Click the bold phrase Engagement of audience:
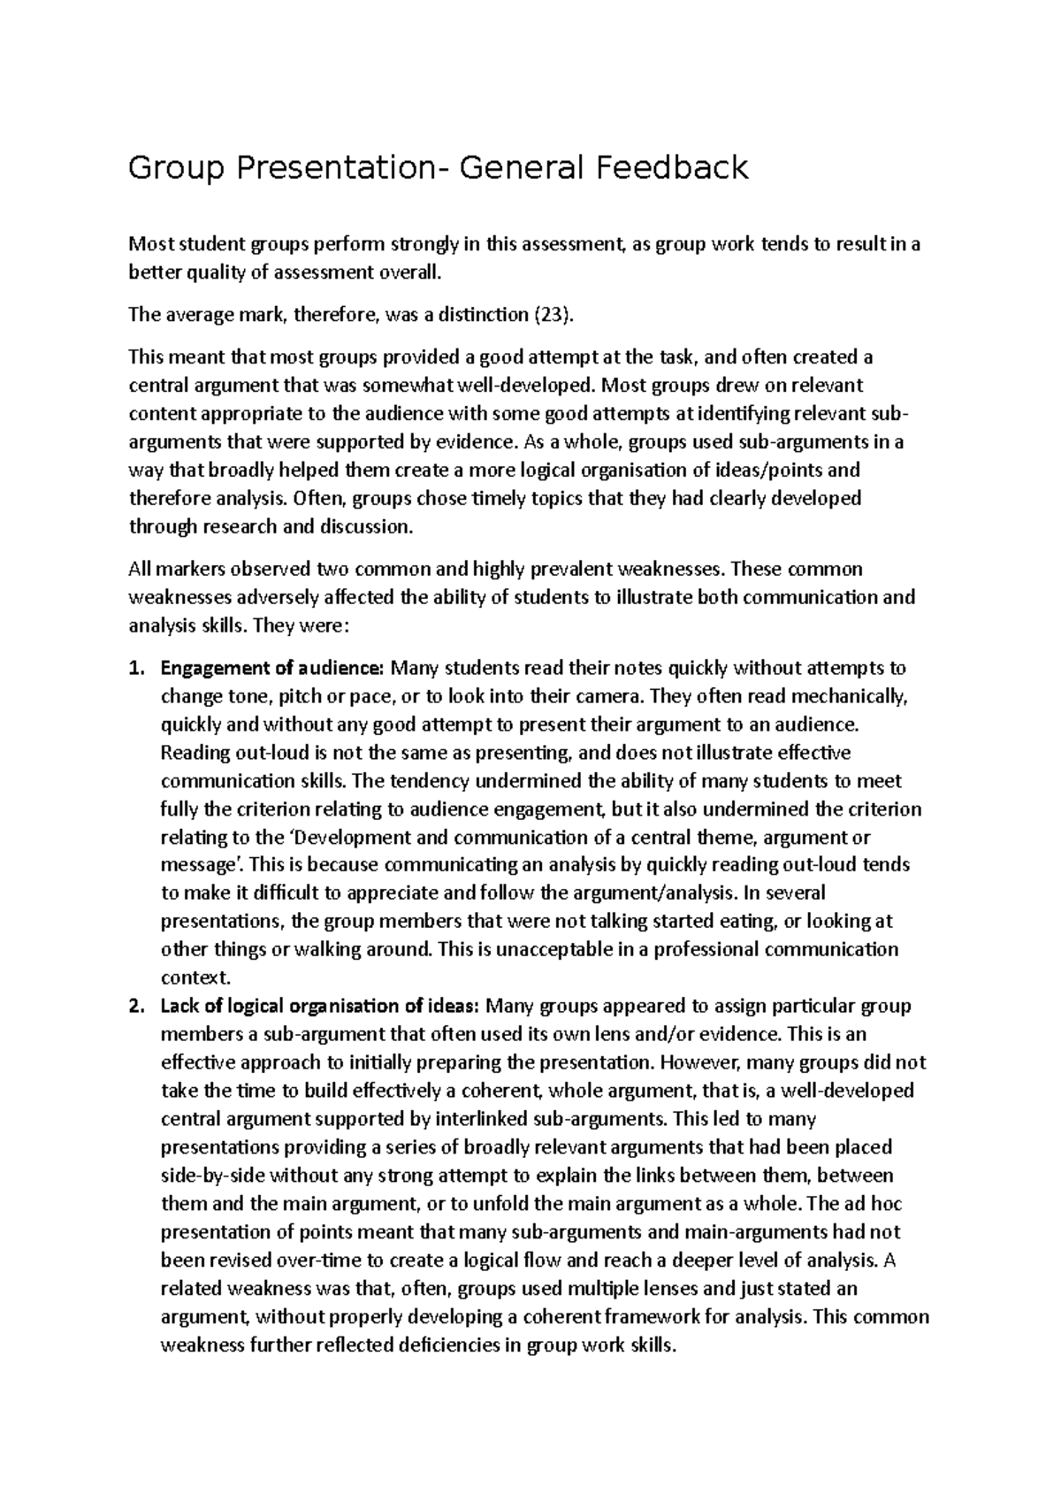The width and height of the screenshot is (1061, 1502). [272, 668]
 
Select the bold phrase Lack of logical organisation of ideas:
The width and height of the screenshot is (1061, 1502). [320, 1006]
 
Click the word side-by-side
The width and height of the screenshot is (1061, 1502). [212, 1176]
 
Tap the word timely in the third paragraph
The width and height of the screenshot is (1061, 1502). [500, 498]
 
